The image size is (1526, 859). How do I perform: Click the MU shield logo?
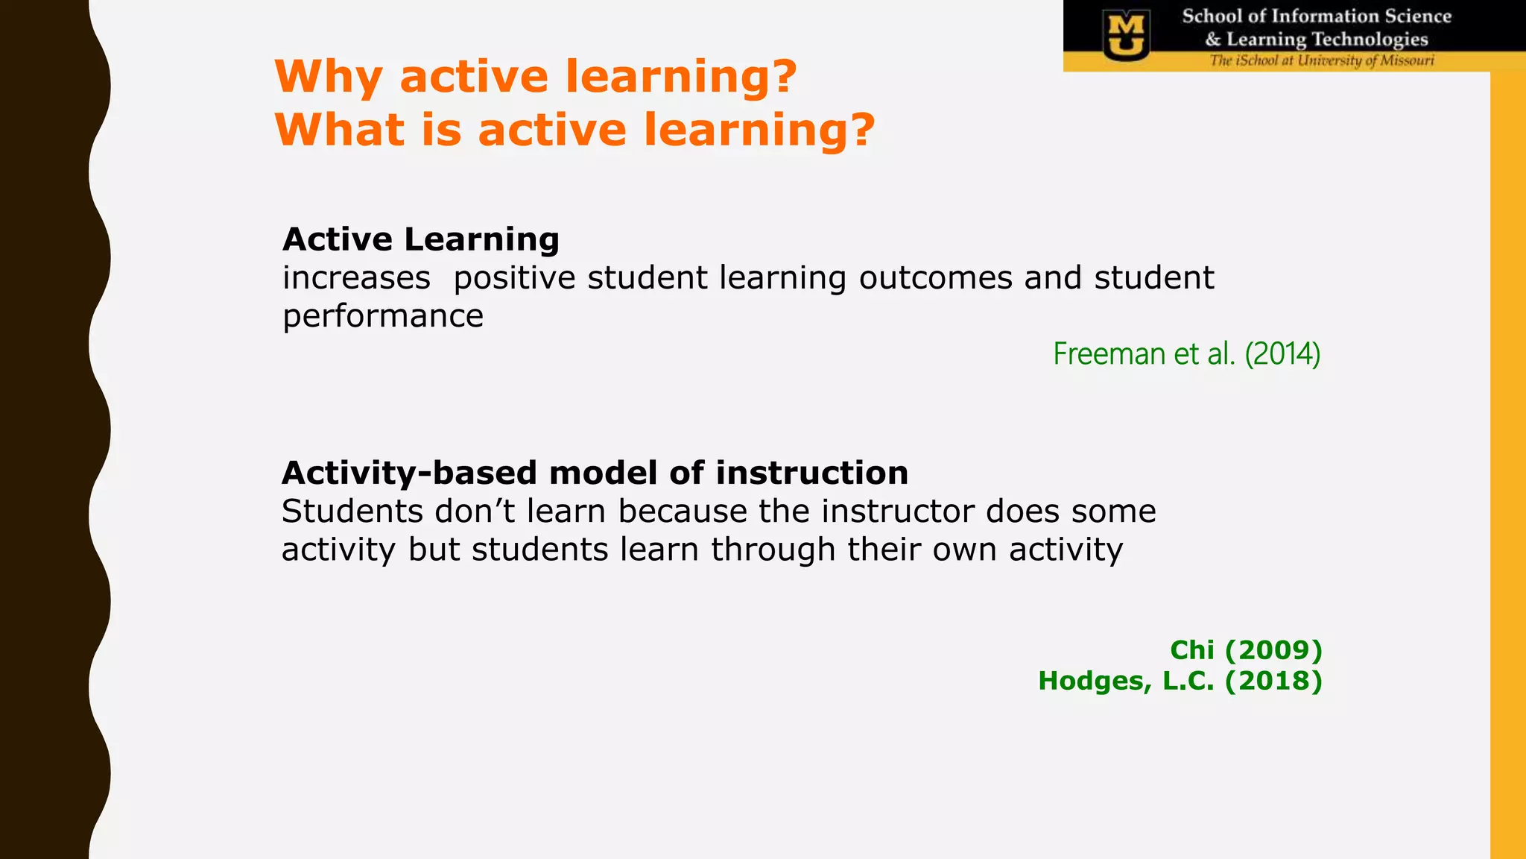click(x=1125, y=34)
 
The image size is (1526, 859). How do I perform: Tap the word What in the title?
click(x=340, y=130)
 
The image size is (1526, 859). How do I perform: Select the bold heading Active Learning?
click(x=421, y=239)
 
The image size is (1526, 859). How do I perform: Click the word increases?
click(x=356, y=278)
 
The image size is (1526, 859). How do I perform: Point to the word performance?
click(x=383, y=316)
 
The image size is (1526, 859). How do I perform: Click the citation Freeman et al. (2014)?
click(x=1186, y=353)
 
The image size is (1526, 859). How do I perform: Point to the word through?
click(x=773, y=550)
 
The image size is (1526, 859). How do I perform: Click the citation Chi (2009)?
click(x=1246, y=650)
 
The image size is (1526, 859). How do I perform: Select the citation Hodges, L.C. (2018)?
click(x=1180, y=681)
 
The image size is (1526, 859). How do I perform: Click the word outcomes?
click(x=936, y=278)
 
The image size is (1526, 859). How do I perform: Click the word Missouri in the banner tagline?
click(x=1407, y=60)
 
